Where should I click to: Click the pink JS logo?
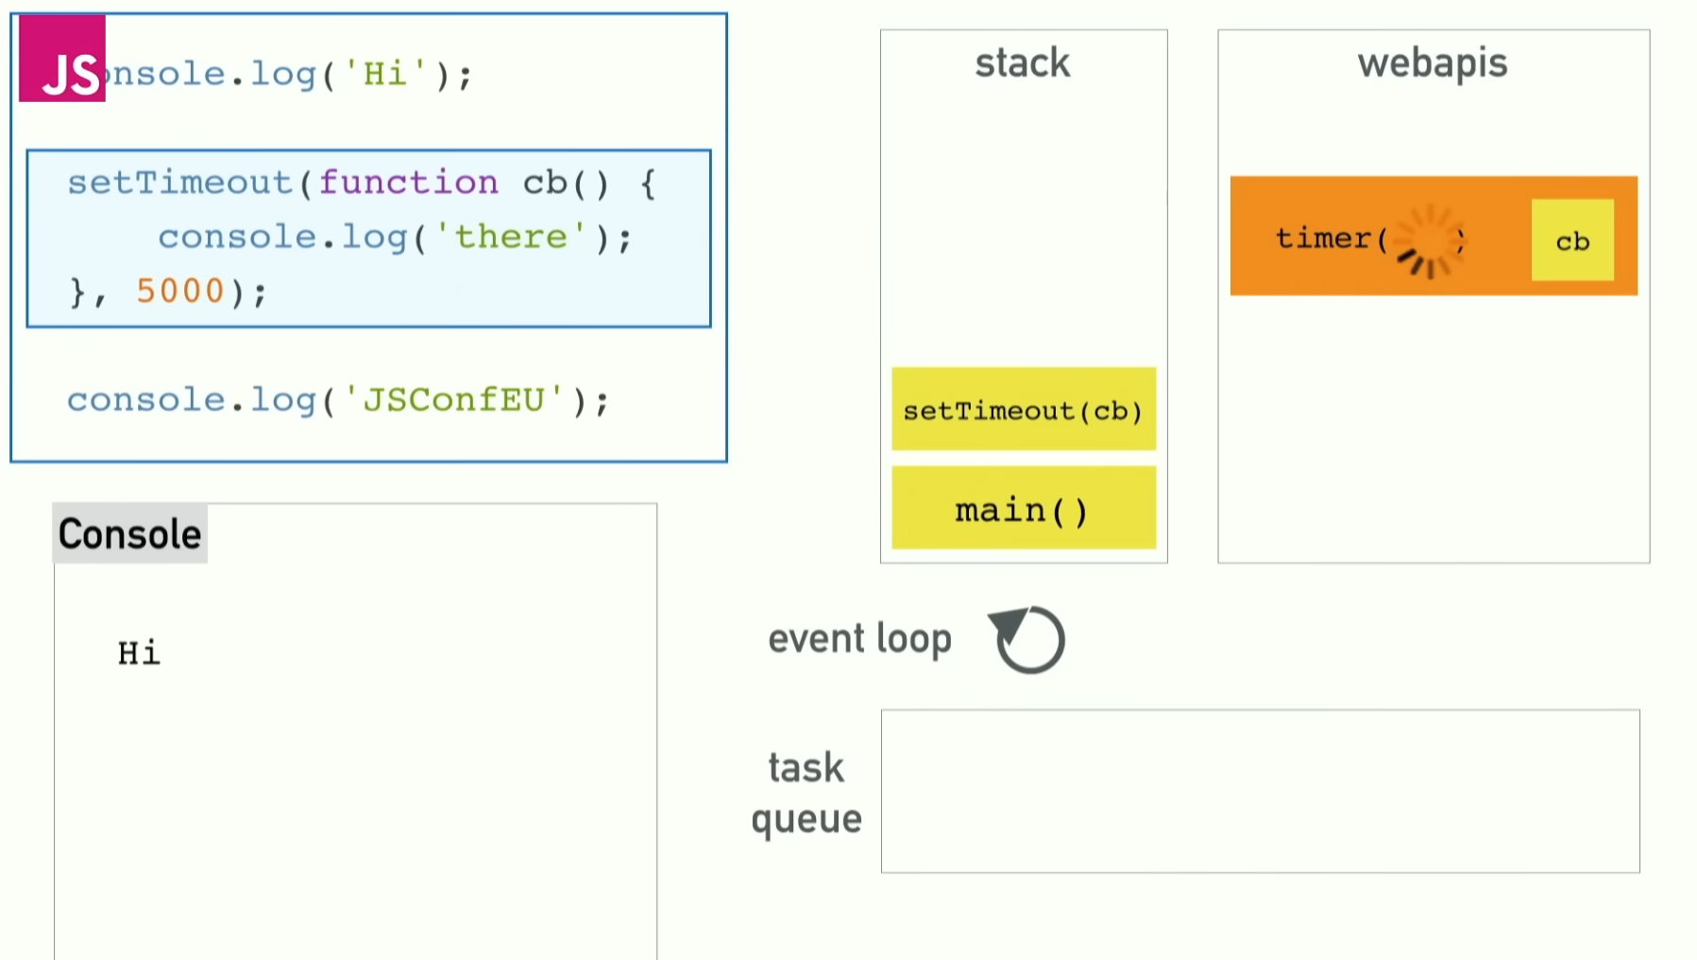pyautogui.click(x=62, y=59)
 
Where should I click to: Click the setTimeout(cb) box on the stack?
pyautogui.click(x=1023, y=409)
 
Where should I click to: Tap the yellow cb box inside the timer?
pyautogui.click(x=1571, y=240)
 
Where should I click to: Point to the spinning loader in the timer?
pyautogui.click(x=1428, y=241)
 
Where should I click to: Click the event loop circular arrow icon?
pyautogui.click(x=1028, y=640)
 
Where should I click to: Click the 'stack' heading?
pyautogui.click(x=1023, y=63)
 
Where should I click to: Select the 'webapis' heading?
pyautogui.click(x=1432, y=63)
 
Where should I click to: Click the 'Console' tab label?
pyautogui.click(x=129, y=534)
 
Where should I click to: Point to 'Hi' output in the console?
pyautogui.click(x=139, y=653)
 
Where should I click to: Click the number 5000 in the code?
pyautogui.click(x=179, y=291)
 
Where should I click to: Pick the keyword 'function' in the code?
pyautogui.click(x=408, y=181)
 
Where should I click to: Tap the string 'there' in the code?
pyautogui.click(x=511, y=236)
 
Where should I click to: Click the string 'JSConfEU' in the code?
pyautogui.click(x=453, y=400)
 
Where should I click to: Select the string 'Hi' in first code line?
pyautogui.click(x=384, y=74)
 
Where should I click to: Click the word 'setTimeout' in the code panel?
pyautogui.click(x=179, y=181)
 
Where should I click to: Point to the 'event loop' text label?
pyautogui.click(x=859, y=639)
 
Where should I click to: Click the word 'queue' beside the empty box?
pyautogui.click(x=806, y=818)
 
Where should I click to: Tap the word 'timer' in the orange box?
pyautogui.click(x=1322, y=238)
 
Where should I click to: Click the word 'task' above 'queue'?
pyautogui.click(x=806, y=767)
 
